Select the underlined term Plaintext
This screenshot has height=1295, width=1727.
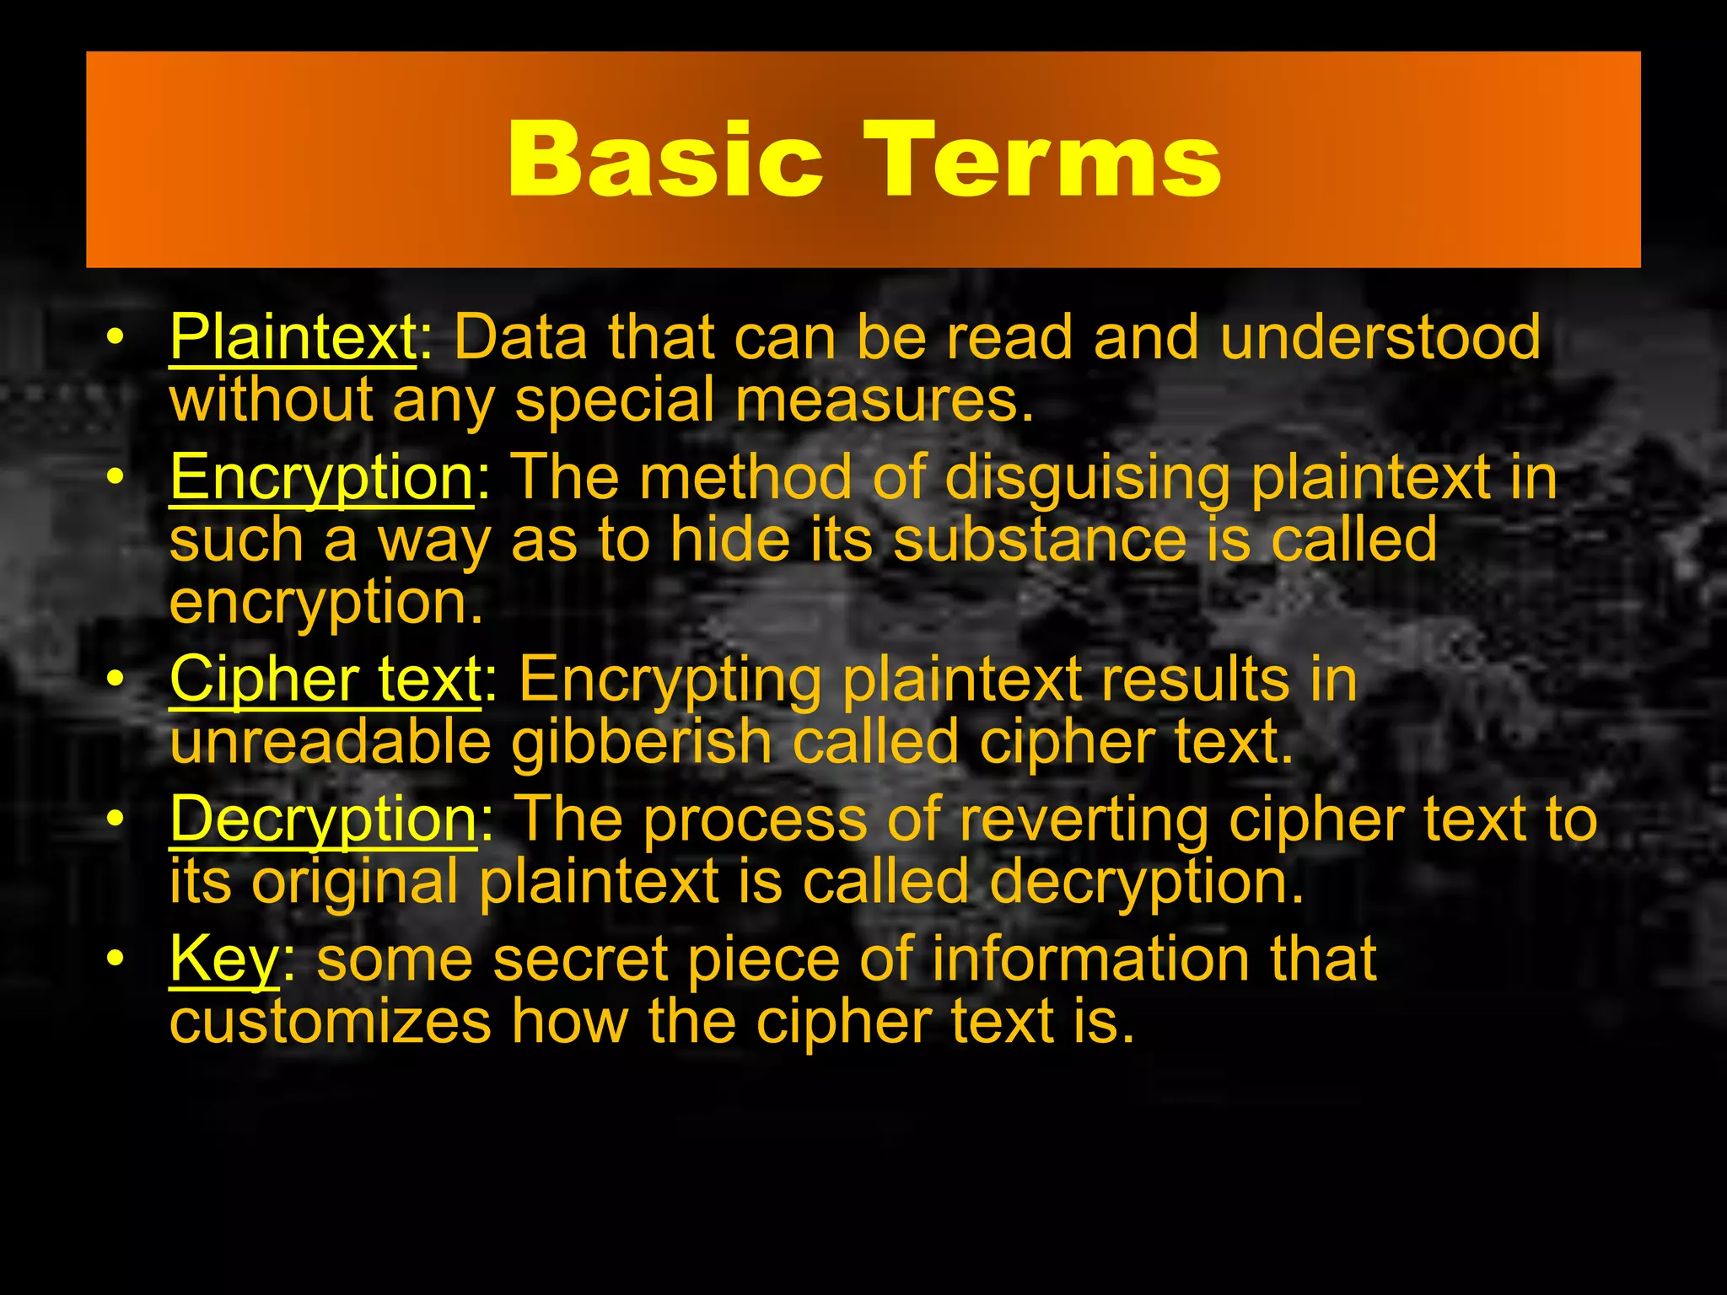point(293,337)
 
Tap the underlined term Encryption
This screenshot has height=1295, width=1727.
point(321,478)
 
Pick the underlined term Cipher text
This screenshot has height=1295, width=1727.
point(325,680)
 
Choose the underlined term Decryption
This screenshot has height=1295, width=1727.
point(323,819)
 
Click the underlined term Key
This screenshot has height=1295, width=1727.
point(223,960)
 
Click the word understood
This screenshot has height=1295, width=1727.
point(1380,337)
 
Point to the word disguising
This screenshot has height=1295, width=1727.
point(1087,478)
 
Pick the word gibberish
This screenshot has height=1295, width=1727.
point(642,743)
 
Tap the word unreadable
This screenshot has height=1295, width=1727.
point(330,743)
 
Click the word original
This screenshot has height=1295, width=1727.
point(355,883)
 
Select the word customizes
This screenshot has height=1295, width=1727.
point(330,1023)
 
